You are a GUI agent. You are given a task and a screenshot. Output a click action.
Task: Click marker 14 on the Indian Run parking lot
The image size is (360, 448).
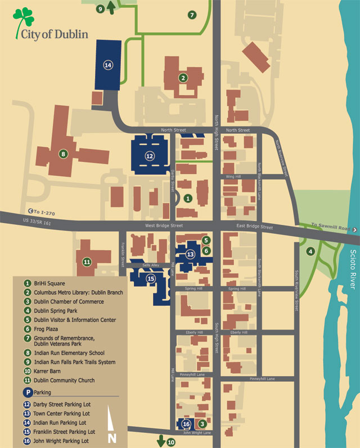(x=108, y=65)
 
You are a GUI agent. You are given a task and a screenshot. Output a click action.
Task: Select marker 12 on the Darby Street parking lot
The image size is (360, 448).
(x=149, y=156)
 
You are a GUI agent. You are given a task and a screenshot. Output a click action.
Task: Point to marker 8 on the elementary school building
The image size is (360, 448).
(x=64, y=153)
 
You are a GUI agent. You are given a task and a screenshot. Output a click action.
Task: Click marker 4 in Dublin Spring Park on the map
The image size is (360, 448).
(x=310, y=251)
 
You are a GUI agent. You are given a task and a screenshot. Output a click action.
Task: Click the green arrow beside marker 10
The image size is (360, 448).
(x=161, y=440)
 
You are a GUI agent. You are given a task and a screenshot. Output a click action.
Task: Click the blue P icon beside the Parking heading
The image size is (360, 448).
(x=27, y=393)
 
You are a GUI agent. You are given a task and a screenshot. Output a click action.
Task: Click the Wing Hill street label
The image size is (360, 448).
(x=233, y=177)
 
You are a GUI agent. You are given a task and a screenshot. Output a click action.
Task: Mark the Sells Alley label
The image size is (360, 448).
(x=151, y=265)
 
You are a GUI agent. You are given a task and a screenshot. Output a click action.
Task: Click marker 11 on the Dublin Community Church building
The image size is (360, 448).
(x=87, y=261)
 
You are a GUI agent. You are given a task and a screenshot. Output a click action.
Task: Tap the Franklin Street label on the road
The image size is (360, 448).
(x=122, y=250)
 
